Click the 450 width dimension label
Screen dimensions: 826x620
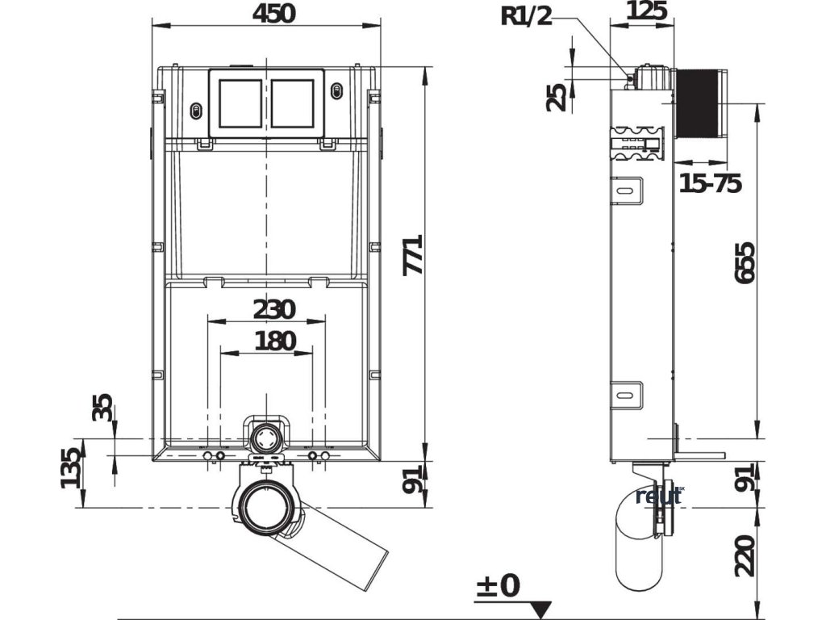(265, 13)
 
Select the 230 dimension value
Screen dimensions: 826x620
(275, 309)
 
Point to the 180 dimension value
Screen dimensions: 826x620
(275, 341)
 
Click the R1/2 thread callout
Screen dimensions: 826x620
(527, 15)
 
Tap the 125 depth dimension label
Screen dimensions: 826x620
(646, 11)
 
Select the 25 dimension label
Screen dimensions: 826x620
(557, 97)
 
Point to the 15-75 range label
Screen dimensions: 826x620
(710, 184)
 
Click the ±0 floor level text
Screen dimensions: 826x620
(497, 585)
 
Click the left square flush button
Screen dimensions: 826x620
(240, 103)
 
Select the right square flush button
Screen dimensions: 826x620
(292, 103)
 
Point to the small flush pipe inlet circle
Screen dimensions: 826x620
(265, 439)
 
